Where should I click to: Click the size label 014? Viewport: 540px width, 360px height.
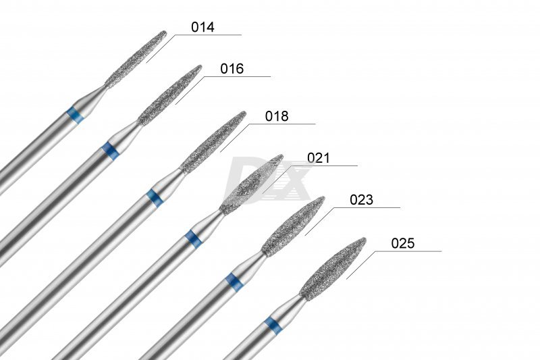click(x=203, y=27)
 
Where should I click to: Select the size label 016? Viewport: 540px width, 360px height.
click(x=232, y=69)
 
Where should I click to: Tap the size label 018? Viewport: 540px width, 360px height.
click(x=277, y=116)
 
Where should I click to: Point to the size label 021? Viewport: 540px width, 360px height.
click(x=319, y=158)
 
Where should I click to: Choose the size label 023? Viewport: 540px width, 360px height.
click(x=361, y=200)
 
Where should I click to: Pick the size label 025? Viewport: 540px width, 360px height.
click(x=403, y=244)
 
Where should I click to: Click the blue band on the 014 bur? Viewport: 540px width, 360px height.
click(x=76, y=115)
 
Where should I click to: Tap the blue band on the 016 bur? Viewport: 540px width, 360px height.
click(x=111, y=150)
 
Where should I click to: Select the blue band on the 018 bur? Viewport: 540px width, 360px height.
click(x=155, y=198)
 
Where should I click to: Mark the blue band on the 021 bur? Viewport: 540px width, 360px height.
click(x=193, y=238)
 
